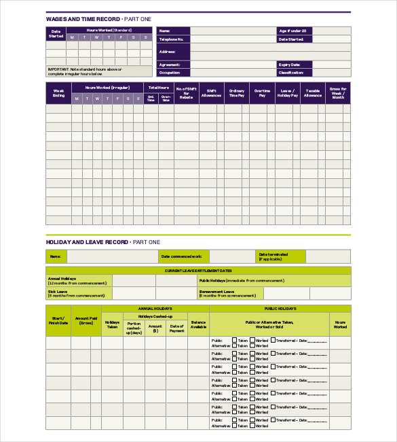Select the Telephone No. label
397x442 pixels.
coord(172,39)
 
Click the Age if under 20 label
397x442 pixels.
coord(293,31)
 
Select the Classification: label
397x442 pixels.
coord(291,72)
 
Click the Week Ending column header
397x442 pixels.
coord(59,94)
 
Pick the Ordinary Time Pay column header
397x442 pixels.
coord(237,94)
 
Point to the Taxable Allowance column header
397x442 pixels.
coord(312,94)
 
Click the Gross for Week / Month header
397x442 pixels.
coord(338,94)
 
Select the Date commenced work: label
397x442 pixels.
coord(181,256)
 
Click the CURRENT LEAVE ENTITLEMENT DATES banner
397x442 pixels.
coord(198,271)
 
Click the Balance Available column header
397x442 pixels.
coord(198,325)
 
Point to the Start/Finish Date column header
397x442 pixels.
coord(58,321)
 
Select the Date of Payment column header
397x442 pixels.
coord(177,329)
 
